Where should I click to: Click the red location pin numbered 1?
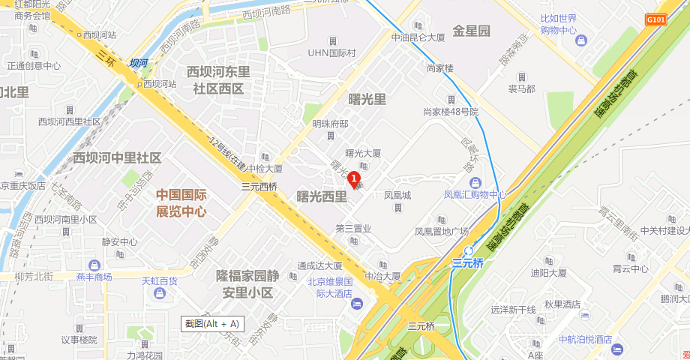(x=353, y=178)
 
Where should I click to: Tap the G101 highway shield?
(x=655, y=19)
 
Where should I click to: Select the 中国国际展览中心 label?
(x=181, y=202)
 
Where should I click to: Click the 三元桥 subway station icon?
(x=469, y=250)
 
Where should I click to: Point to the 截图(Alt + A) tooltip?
(x=213, y=323)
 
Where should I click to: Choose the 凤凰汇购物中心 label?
(x=475, y=195)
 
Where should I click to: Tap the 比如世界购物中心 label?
(x=559, y=24)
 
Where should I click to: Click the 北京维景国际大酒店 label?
(x=330, y=288)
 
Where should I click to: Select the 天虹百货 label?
(x=159, y=281)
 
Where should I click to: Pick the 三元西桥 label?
(x=259, y=187)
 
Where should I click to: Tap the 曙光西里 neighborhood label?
(x=322, y=196)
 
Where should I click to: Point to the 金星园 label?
(x=471, y=31)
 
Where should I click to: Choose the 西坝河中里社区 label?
(x=117, y=157)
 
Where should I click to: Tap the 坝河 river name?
(x=138, y=64)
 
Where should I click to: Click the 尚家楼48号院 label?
(x=450, y=112)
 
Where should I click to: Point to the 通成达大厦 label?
(x=319, y=265)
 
